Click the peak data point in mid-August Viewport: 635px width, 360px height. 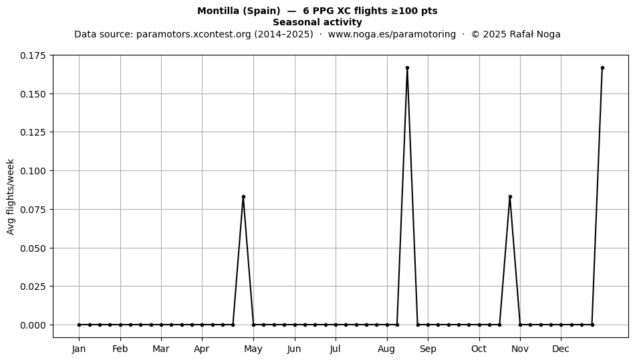[x=408, y=67]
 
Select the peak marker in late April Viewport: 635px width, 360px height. [x=243, y=196]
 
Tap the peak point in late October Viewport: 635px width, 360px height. [x=510, y=196]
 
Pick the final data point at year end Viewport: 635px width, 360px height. [x=603, y=67]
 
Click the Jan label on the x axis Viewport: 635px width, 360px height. [x=79, y=349]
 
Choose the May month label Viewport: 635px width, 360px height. [x=253, y=349]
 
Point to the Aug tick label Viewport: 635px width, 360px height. [x=387, y=349]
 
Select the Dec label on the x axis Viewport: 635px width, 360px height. [x=561, y=349]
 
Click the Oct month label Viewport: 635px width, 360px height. [x=479, y=349]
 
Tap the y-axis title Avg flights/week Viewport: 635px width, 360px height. [x=11, y=196]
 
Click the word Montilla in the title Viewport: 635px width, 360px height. [x=219, y=11]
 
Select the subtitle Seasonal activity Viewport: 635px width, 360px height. [x=317, y=22]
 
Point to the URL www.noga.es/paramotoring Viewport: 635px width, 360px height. [x=392, y=34]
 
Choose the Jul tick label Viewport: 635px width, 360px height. [x=336, y=349]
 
